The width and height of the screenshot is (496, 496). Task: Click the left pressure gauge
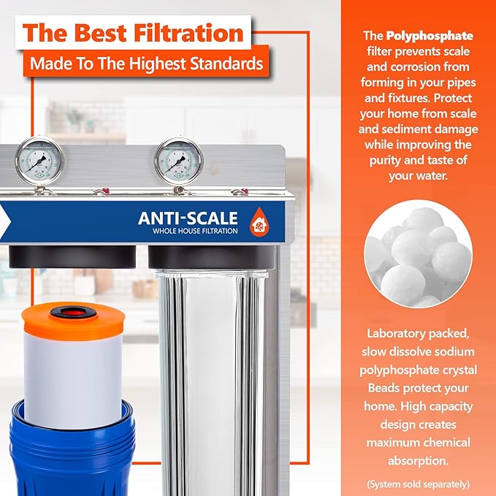[x=39, y=159]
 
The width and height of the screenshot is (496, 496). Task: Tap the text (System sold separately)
[x=418, y=484]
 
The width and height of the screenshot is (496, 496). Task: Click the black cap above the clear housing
[x=211, y=257]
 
